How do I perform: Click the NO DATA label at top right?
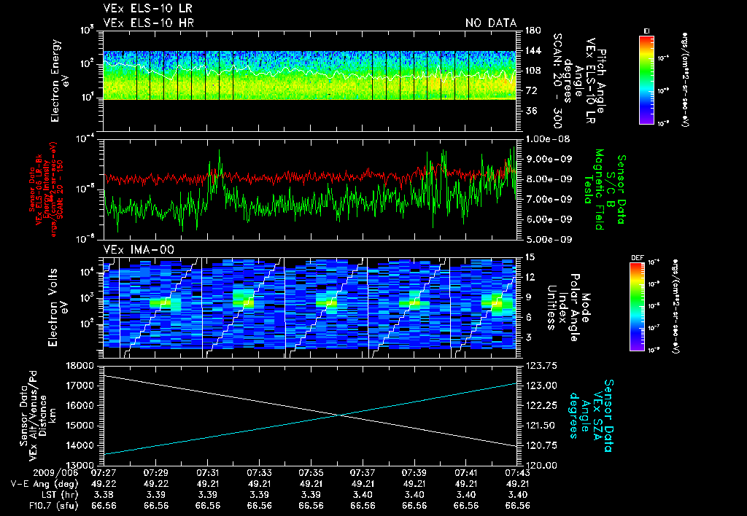(x=490, y=23)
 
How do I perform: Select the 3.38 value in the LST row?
(x=106, y=494)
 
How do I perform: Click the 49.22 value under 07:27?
(x=106, y=484)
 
